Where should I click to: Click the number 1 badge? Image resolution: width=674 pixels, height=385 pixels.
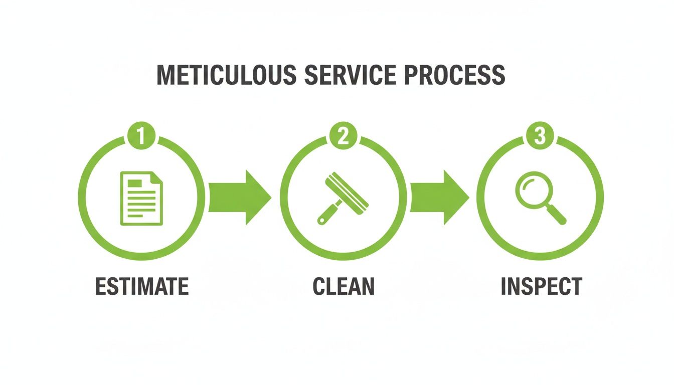coord(142,136)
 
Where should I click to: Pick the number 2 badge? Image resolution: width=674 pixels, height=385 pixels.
coord(343,136)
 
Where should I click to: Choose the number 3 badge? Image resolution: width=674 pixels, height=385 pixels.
coord(540,136)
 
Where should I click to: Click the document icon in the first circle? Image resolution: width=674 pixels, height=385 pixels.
coord(141,198)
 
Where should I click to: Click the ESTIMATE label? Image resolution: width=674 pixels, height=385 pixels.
coord(142,286)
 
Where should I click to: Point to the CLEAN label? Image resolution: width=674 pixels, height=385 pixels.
coord(344,286)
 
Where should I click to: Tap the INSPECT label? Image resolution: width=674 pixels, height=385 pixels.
coord(541,286)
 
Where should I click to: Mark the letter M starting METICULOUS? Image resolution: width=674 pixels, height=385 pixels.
coord(167,75)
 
